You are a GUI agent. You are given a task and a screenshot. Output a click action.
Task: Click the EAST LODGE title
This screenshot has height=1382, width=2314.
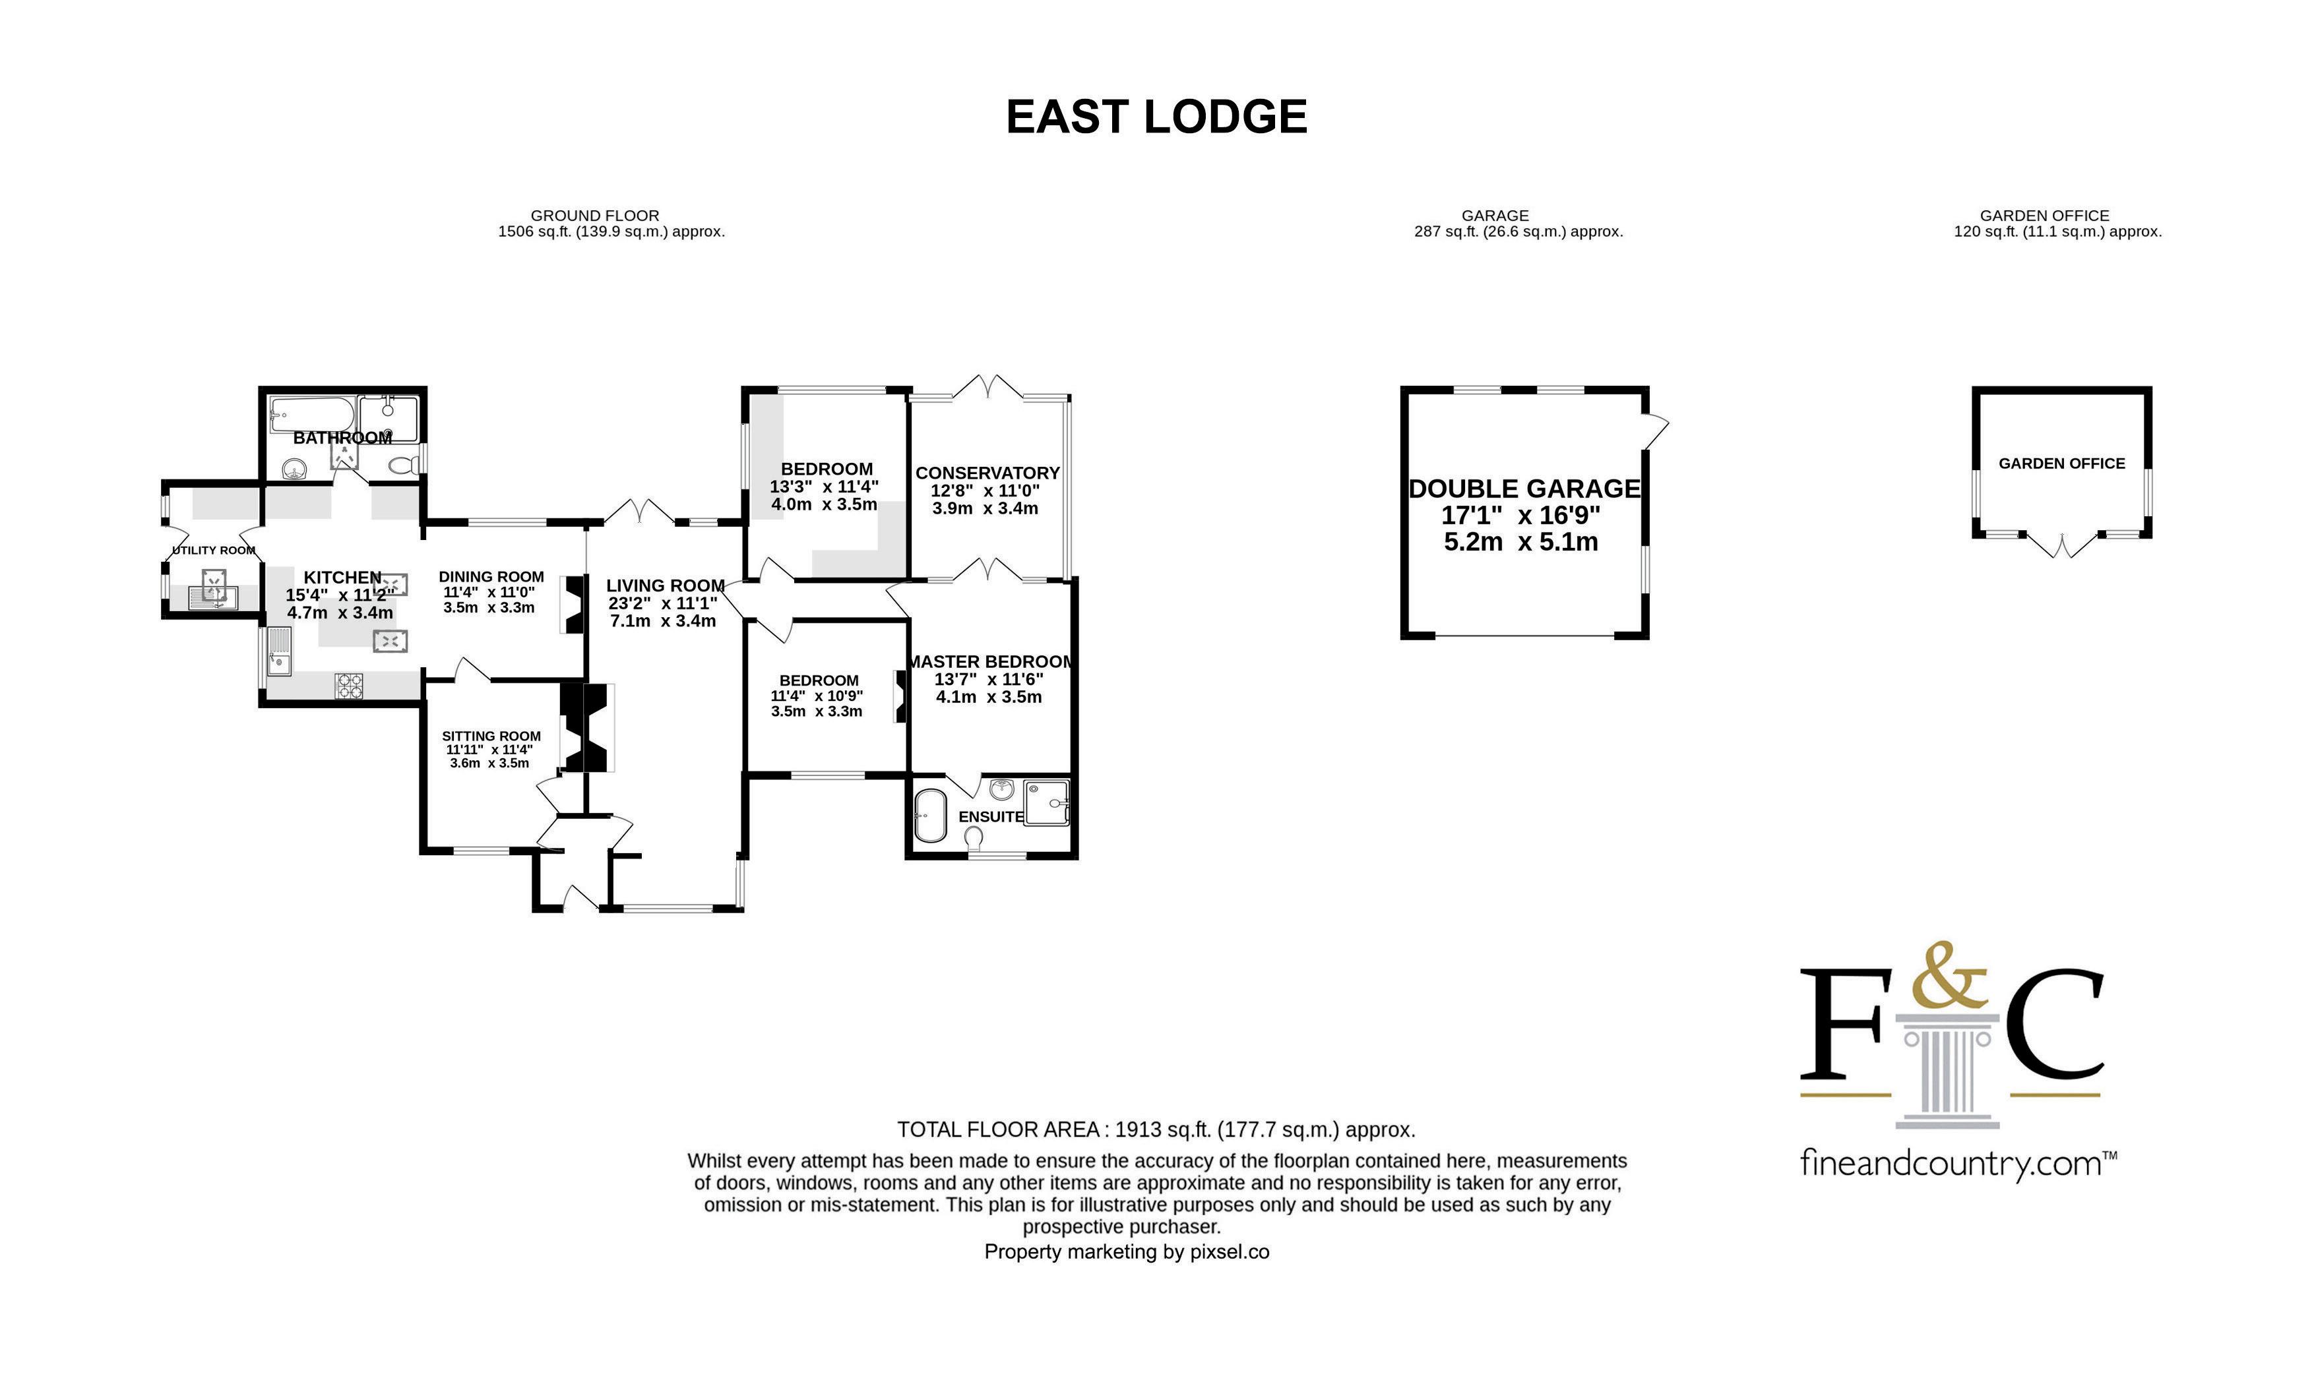(x=1156, y=117)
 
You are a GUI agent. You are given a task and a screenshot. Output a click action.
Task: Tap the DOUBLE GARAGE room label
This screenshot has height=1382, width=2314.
(x=1524, y=489)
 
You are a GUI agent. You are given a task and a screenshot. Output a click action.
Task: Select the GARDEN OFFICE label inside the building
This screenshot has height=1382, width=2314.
(x=2061, y=463)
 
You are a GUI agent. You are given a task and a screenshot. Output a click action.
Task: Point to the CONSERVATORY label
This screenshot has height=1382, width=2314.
(x=987, y=473)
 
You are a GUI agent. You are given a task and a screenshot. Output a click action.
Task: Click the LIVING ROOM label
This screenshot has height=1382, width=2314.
(x=665, y=586)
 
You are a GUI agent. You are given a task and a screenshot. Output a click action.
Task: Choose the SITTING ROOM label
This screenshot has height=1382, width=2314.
(x=491, y=736)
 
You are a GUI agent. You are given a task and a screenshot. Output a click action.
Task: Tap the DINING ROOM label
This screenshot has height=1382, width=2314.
(x=491, y=576)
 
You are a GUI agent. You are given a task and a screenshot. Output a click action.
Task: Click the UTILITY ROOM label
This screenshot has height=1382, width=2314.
(x=213, y=551)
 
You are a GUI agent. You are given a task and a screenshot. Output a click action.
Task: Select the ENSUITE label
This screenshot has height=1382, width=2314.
(x=991, y=817)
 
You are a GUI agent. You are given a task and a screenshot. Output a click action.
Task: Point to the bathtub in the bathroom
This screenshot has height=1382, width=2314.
(x=311, y=415)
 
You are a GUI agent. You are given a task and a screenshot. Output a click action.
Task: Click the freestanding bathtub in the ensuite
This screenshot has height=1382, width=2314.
(x=929, y=816)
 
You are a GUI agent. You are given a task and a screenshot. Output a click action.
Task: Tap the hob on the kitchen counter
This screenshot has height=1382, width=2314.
(x=350, y=686)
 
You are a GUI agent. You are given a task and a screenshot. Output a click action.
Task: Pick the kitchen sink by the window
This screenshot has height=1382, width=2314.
(x=278, y=651)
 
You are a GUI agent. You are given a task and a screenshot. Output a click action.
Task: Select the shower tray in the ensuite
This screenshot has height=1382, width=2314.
(x=1047, y=802)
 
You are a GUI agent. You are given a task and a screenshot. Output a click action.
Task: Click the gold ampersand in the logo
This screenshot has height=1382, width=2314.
(x=1949, y=976)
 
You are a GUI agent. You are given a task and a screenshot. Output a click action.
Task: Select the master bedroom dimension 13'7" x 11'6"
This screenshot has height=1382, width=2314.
(x=989, y=680)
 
